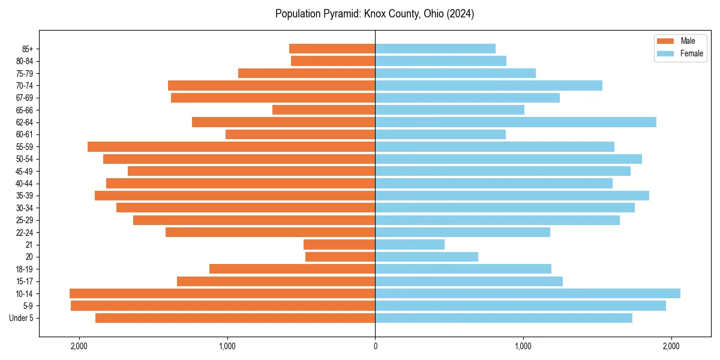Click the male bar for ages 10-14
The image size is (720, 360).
coord(222,293)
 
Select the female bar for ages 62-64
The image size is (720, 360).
coord(515,122)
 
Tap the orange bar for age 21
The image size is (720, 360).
coord(339,245)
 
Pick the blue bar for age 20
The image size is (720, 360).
coord(427,257)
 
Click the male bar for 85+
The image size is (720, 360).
coord(332,49)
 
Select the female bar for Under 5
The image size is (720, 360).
coord(503,318)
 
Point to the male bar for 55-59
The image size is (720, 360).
coord(231,147)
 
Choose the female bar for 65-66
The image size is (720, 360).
coord(449,110)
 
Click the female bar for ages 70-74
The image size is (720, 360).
coord(488,86)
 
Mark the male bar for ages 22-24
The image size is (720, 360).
coord(270,232)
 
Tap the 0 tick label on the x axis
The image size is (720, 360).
coord(375,346)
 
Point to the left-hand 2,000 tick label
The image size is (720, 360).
coord(79,346)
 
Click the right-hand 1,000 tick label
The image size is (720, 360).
coord(523,346)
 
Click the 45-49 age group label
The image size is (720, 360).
coord(25,171)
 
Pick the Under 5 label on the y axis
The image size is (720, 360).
coord(21,318)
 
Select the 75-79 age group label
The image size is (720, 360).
coord(25,73)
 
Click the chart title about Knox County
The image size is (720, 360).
coord(374,14)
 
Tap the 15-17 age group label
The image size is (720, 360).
coord(25,281)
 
